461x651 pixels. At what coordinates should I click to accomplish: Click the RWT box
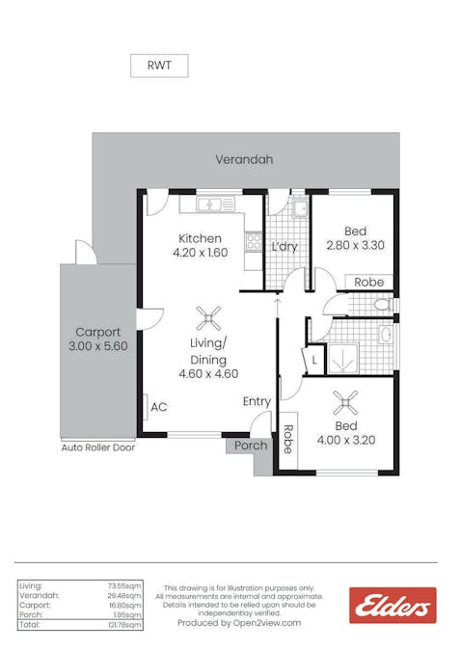coord(159,66)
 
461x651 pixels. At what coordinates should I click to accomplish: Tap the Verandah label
coord(244,159)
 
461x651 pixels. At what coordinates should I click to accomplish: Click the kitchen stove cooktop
coord(253,242)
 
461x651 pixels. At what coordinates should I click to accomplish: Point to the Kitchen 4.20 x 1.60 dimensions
coord(201,253)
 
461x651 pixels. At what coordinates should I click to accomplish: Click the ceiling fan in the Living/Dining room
coord(208,318)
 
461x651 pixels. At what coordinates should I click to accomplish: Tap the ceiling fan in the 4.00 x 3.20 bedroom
coord(345,402)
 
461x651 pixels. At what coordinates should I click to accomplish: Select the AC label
coord(159,407)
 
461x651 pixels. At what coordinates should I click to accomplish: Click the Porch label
coord(251,446)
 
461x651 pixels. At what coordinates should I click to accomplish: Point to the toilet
coord(384,305)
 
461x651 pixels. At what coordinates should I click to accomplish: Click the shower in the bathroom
coord(342,359)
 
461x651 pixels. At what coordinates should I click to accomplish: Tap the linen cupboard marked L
coord(314,360)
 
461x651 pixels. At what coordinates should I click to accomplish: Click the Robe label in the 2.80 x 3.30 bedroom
coord(368,283)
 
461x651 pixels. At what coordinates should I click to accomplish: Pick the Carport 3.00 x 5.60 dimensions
coord(98,346)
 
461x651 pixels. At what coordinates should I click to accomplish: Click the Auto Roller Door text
coord(98,448)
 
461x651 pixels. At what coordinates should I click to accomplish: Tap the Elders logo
coord(393,605)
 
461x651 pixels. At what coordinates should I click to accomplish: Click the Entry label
coord(257,401)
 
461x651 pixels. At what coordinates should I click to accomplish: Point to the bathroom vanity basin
coord(386,335)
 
